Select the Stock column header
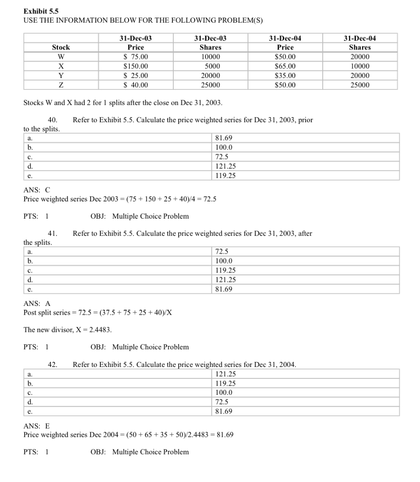(61, 47)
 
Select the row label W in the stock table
(61, 57)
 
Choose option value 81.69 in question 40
(223, 138)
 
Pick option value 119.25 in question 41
(225, 270)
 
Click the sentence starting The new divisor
(67, 330)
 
